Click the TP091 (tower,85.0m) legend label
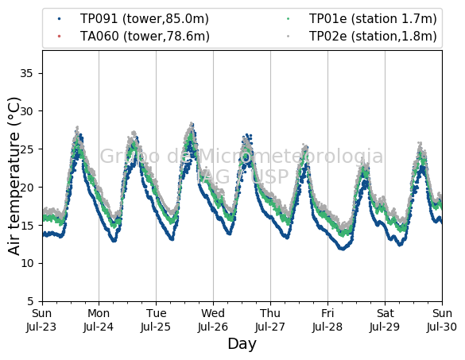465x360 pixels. (x=145, y=19)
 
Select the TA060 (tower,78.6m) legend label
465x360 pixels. (x=145, y=37)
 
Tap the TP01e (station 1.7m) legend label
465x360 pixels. (x=373, y=19)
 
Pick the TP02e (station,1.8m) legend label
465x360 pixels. (x=373, y=37)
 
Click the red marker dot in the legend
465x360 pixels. (x=60, y=37)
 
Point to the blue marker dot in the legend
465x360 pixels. (x=60, y=19)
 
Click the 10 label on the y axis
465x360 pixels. (x=27, y=263)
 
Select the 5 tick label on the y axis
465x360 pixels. (x=30, y=301)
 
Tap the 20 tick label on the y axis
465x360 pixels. (x=27, y=187)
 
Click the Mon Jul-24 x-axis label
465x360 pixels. (x=99, y=320)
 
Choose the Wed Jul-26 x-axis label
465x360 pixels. (x=213, y=320)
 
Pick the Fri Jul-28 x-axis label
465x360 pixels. (x=327, y=320)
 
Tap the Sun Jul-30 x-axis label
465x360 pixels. (x=442, y=320)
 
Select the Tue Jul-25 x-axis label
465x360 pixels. (x=156, y=320)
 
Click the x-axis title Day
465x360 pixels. (x=242, y=344)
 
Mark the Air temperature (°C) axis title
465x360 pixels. (x=14, y=176)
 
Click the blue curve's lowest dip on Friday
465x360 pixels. (x=343, y=249)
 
